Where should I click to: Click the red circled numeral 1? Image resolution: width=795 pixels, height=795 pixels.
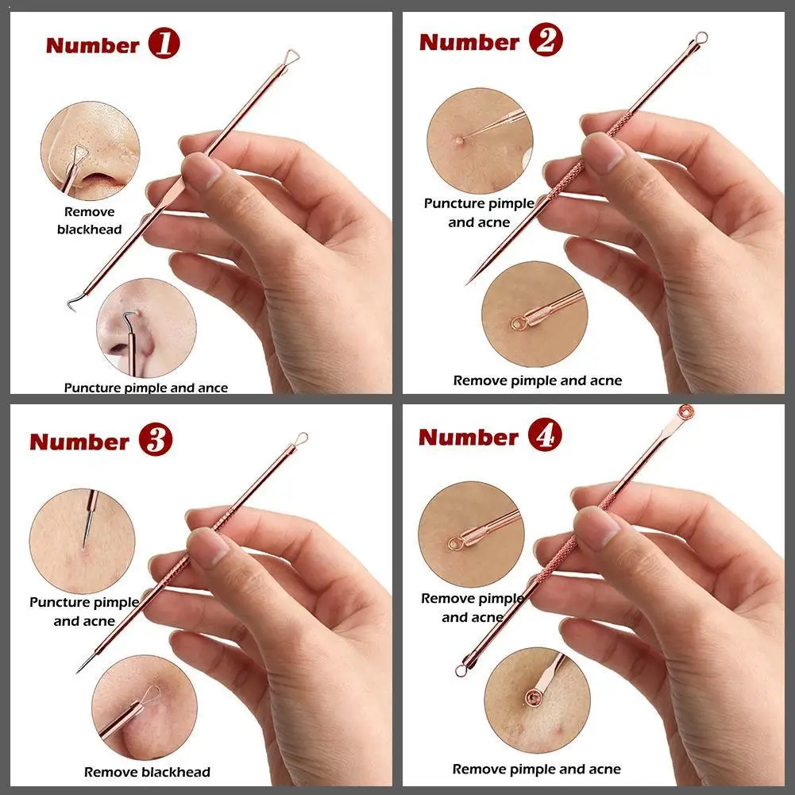coord(164,44)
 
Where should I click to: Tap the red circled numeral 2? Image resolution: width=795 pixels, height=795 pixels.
coord(546,40)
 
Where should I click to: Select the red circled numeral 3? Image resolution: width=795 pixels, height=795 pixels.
coord(156,439)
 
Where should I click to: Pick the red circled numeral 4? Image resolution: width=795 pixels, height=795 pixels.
coord(545,434)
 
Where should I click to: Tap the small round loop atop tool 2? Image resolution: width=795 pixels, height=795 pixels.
coord(701,37)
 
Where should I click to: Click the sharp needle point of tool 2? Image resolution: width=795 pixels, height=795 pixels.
coord(468,283)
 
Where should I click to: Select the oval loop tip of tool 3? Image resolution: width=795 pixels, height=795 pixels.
coord(301,438)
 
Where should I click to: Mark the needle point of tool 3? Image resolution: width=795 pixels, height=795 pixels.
coord(79,672)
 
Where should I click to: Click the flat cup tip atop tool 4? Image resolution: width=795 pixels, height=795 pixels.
coord(686,411)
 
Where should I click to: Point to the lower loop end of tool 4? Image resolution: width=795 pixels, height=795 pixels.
coord(461,671)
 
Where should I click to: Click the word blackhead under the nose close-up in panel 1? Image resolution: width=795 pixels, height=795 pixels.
coord(89,230)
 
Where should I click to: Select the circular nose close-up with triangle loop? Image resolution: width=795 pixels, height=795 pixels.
coord(91,151)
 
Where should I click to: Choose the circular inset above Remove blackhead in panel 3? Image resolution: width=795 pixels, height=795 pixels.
coord(144,708)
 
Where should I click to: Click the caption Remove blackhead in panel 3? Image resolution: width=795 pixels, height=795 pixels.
coord(147,772)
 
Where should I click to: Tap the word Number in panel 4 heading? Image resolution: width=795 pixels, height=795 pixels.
coord(469,437)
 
